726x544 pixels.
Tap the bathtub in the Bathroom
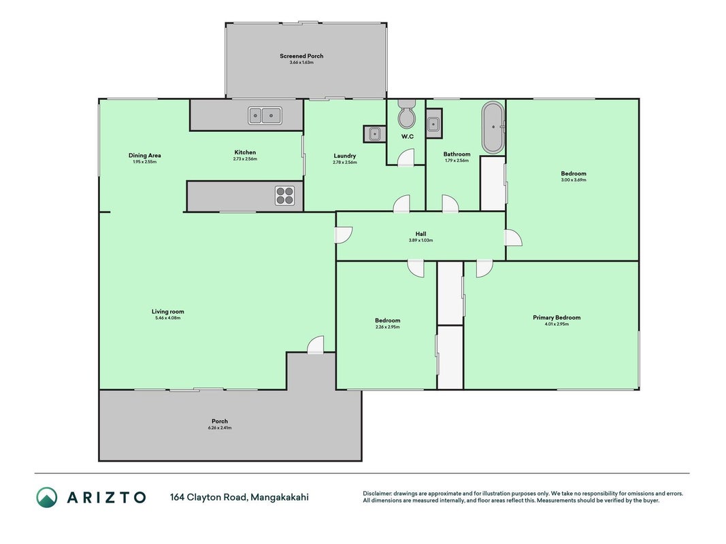493,127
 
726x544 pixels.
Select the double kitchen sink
265,115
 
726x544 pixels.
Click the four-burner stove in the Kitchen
284,195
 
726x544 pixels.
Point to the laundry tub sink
374,134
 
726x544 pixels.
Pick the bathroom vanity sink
433,124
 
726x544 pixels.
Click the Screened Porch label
301,56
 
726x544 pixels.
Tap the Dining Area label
144,156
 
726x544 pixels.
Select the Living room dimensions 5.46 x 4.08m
167,318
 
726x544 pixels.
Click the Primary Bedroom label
557,318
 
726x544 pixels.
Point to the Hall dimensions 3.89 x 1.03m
420,240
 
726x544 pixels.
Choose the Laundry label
345,156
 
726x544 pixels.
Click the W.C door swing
406,157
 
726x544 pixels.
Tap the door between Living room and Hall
344,235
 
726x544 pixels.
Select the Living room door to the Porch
315,345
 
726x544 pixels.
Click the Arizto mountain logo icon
47,497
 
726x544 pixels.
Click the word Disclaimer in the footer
378,494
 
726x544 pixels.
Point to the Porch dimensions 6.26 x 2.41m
220,428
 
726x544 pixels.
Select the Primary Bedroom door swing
484,269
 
